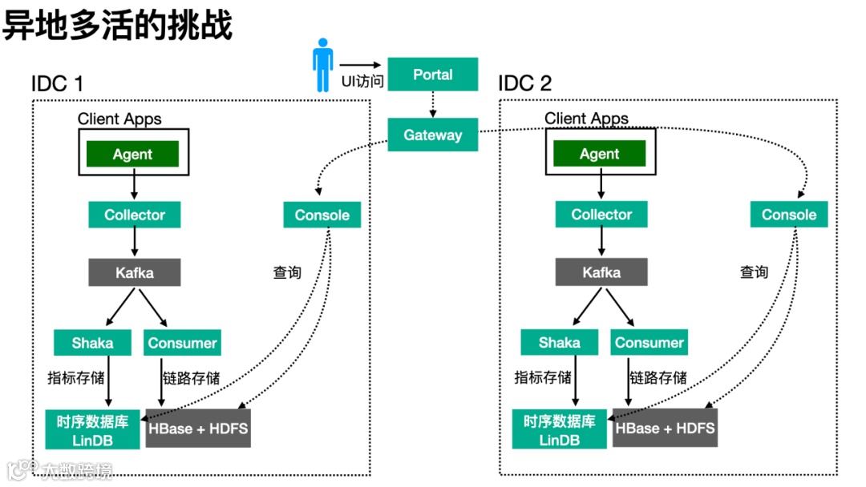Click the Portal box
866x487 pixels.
(x=432, y=74)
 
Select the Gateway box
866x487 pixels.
(x=432, y=135)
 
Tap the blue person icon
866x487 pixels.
(x=322, y=65)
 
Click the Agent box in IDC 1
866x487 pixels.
(x=132, y=154)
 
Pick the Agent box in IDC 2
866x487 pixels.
(x=599, y=153)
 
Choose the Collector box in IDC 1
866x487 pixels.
(x=134, y=215)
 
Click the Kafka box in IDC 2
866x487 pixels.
(x=601, y=272)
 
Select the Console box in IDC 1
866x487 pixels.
(x=322, y=215)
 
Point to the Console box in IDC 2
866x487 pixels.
(x=789, y=214)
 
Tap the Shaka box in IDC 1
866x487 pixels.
(x=92, y=343)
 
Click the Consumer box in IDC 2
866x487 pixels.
(x=649, y=342)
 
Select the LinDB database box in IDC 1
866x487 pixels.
(x=92, y=429)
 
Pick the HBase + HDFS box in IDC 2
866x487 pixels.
(x=665, y=428)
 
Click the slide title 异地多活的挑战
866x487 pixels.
(x=117, y=25)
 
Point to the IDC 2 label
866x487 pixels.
(x=524, y=83)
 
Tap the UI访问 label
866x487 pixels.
(x=362, y=82)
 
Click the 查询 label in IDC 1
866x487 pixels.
(x=287, y=272)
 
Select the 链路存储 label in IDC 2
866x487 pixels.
(x=658, y=378)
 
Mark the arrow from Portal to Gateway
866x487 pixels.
(x=433, y=104)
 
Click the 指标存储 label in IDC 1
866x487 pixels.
(x=75, y=378)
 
